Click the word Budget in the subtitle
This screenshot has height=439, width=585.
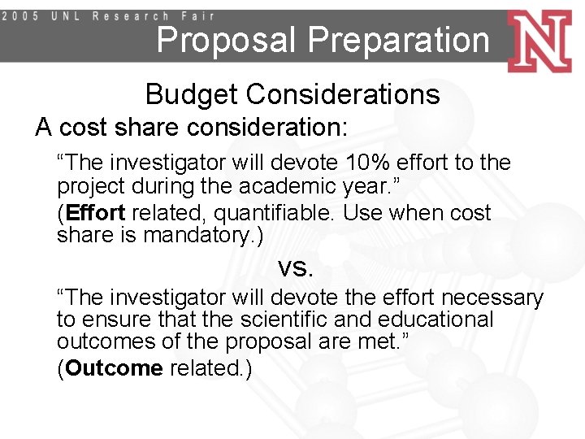point(192,95)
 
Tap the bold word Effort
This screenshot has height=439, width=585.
point(96,214)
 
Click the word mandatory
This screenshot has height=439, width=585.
point(204,236)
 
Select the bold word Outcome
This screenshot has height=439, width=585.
point(115,368)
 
